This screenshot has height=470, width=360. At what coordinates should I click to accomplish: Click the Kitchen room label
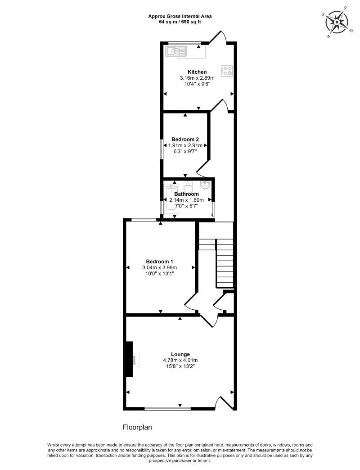197,72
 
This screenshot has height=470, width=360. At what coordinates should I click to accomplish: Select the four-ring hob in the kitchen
227,71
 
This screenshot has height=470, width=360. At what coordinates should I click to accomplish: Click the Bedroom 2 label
185,140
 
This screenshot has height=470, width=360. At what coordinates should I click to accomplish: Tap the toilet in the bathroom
189,185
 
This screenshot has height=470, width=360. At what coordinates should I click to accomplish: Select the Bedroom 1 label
159,262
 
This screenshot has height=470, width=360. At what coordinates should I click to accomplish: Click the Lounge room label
180,354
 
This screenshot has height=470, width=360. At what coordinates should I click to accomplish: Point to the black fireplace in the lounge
129,359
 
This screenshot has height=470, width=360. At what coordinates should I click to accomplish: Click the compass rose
336,21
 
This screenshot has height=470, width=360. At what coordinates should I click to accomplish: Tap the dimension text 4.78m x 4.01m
180,360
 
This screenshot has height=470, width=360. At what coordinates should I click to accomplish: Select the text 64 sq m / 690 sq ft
180,22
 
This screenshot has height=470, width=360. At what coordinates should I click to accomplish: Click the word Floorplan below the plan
139,426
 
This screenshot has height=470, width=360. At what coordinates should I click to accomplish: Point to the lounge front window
167,409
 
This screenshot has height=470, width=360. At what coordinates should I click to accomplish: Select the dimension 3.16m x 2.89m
197,78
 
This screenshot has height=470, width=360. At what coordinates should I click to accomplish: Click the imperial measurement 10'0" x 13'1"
159,273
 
